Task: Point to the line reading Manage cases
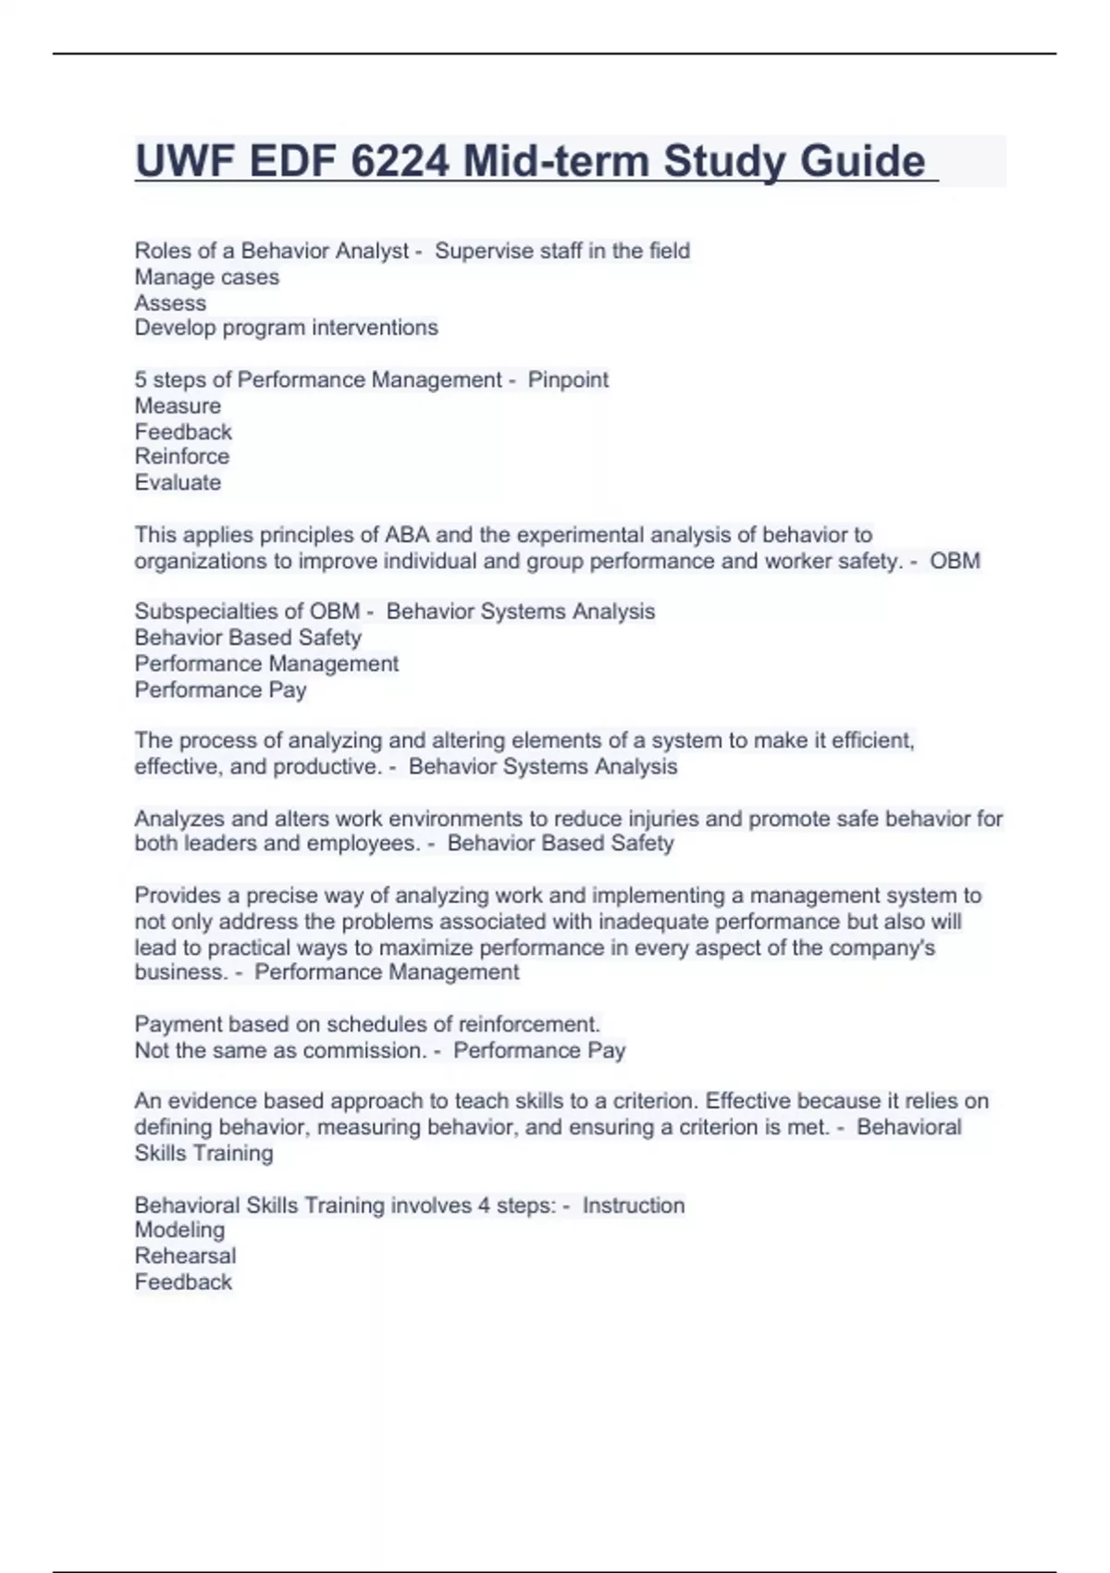(206, 277)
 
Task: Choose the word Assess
(170, 303)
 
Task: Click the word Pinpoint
(568, 379)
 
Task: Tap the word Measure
(178, 405)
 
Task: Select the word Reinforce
(181, 456)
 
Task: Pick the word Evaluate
(178, 482)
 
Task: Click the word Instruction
(634, 1205)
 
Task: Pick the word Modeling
(179, 1230)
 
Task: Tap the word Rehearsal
(185, 1256)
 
